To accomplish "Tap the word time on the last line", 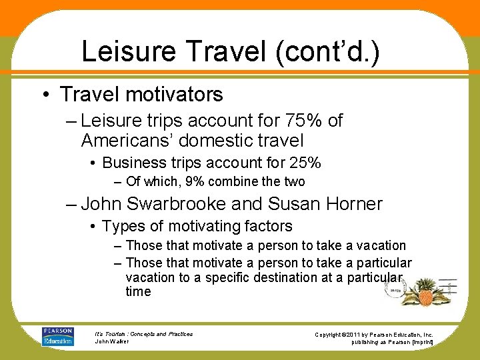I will (138, 291).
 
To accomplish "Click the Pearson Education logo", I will (58, 336).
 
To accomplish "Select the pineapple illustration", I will (425, 293).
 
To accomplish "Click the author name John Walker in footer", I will (113, 341).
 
